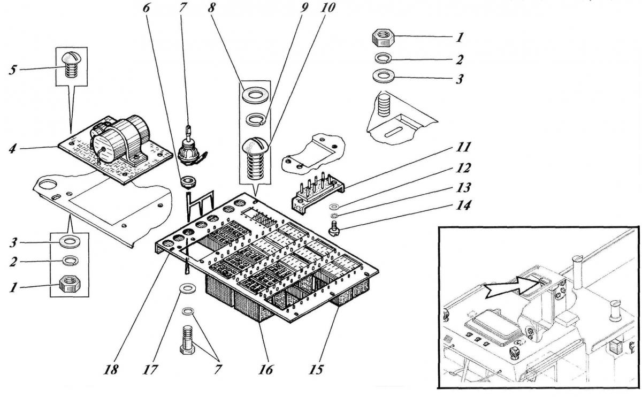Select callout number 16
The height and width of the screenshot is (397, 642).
point(266,369)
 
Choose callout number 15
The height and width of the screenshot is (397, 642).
point(319,369)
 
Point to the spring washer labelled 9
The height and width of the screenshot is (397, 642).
point(256,119)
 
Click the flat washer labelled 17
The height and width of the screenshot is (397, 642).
point(186,289)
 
